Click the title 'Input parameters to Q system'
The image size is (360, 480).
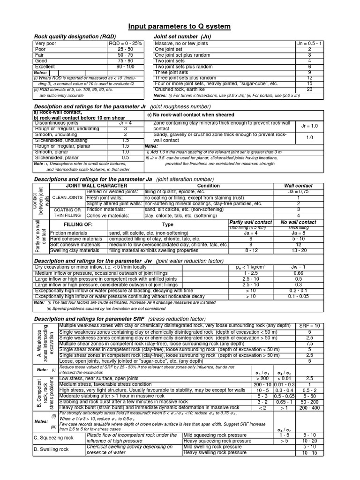click(x=180, y=26)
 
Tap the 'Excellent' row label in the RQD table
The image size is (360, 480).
click(x=45, y=67)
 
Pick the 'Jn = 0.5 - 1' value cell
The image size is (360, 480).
click(x=309, y=44)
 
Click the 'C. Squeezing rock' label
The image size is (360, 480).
click(x=53, y=438)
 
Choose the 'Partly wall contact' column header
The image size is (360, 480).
click(x=249, y=222)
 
